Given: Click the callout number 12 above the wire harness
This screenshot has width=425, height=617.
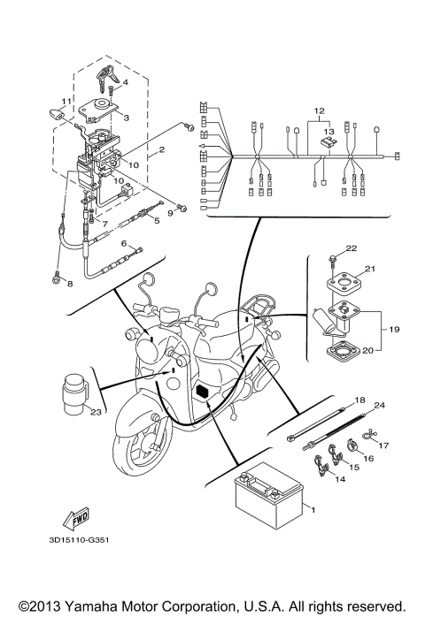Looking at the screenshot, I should click(313, 112).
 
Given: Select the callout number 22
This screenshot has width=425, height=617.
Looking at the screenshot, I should click(351, 248).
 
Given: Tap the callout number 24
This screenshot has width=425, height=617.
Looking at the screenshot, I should click(380, 407).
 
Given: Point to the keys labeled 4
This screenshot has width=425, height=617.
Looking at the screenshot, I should click(111, 77).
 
